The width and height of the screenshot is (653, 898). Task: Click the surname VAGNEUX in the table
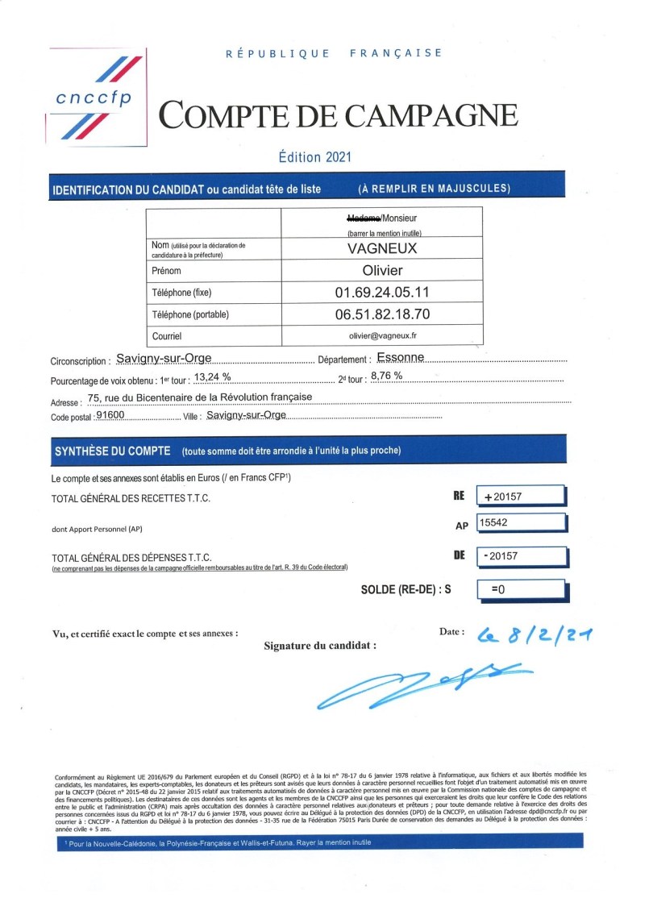(382, 248)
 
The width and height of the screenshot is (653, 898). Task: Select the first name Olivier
(382, 270)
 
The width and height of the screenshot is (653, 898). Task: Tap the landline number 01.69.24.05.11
(382, 292)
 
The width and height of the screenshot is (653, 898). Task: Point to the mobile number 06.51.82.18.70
(382, 314)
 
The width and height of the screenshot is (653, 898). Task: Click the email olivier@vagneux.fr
(382, 335)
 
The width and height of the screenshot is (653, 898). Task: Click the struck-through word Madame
(360, 218)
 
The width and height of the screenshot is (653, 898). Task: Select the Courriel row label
(167, 335)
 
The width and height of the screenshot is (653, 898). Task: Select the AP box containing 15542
(518, 523)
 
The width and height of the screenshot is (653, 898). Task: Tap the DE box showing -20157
(518, 556)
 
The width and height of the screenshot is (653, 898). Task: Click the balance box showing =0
(518, 589)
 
